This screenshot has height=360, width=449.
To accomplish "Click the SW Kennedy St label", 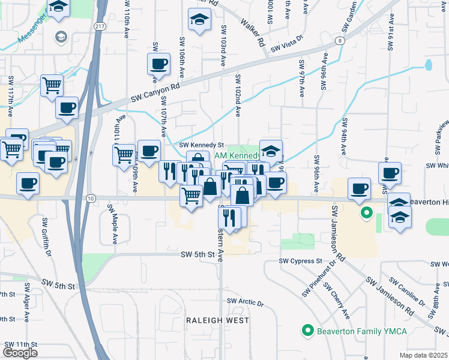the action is [202, 145].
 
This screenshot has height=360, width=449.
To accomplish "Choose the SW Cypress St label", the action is [301, 262].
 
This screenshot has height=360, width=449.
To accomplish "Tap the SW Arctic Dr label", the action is [245, 302].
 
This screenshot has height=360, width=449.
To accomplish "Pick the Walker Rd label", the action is [253, 31].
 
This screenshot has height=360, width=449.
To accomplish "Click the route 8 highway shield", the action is [340, 41].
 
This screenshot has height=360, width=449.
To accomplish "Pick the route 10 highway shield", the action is [90, 198].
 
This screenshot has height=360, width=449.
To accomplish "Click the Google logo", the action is [20, 352].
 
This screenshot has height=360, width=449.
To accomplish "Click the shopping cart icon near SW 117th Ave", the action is [52, 86].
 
